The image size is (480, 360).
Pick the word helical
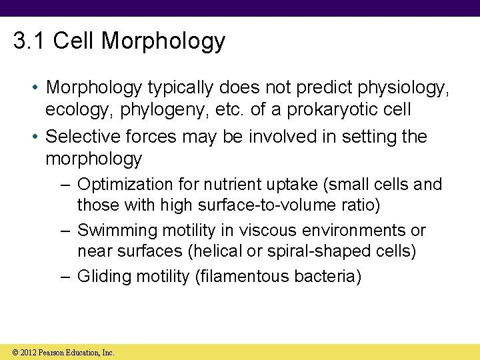(220, 251)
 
